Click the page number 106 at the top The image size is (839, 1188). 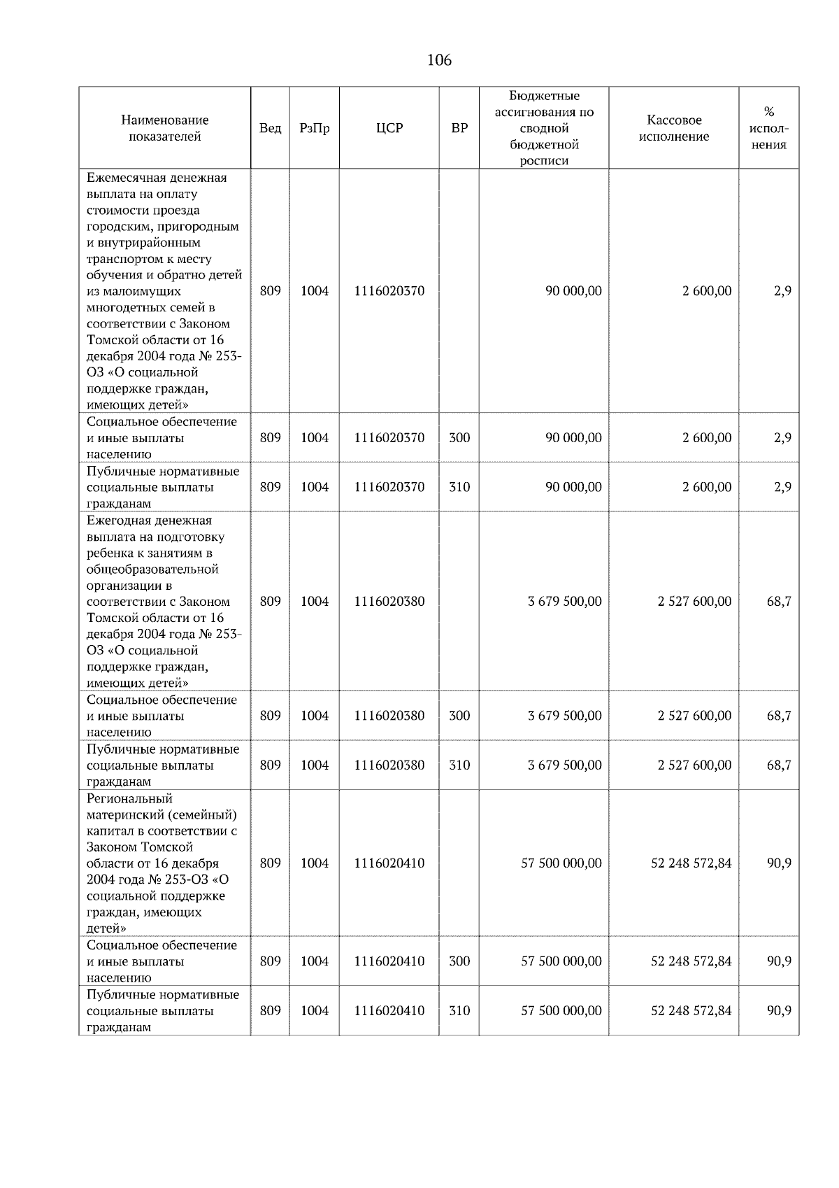coord(439,60)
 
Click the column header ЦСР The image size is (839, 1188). coord(389,128)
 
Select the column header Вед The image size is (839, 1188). coord(270,128)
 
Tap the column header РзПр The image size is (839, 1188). coord(314,128)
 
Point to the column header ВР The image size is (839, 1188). coord(459,128)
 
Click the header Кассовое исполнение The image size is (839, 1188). coord(673,128)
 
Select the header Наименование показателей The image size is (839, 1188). coord(164,128)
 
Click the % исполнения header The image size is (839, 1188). coord(768,128)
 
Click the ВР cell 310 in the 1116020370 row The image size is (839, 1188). coord(459,487)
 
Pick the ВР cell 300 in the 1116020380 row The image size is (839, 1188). coord(459,716)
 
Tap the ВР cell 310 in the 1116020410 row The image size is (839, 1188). coord(459,1010)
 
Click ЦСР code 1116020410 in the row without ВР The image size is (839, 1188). coord(389,863)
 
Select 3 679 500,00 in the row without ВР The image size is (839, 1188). coord(564,602)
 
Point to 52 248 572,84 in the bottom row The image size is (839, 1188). coord(691,1010)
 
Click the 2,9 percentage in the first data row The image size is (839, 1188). coord(782,291)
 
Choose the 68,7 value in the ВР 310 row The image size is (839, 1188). coord(779,765)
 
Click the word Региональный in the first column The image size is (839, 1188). coord(129,798)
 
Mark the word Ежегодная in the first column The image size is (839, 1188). coord(120,521)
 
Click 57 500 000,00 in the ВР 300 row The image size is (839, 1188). coord(561,961)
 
